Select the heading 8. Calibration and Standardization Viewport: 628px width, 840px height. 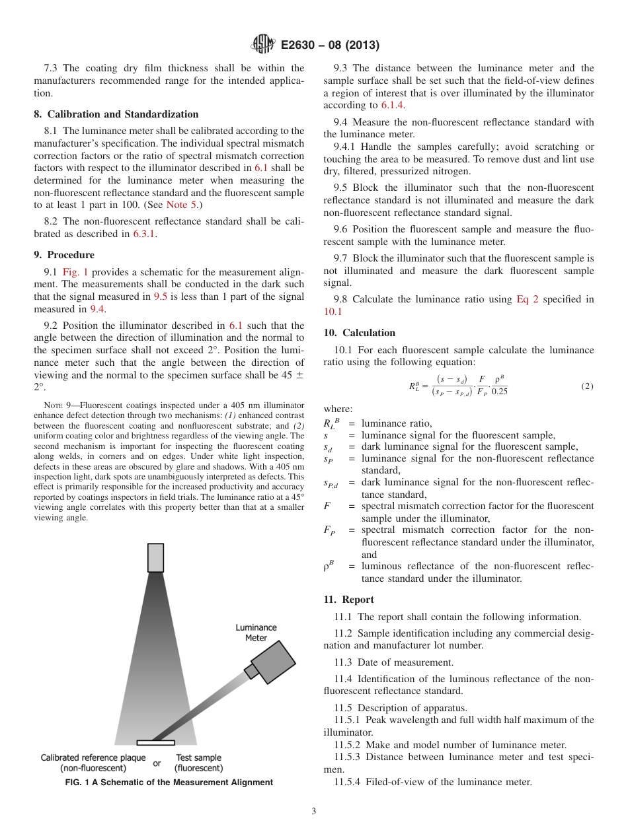116,114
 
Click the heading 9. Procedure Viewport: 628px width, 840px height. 63,255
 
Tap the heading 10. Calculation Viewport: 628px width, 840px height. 359,333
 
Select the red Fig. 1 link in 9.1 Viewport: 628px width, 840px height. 75,272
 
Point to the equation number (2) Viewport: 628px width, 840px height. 587,386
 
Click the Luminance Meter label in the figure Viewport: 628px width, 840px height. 256,633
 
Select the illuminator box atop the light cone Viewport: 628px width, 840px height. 155,557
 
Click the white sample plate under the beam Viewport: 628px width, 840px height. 155,742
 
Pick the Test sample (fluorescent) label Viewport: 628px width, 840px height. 198,763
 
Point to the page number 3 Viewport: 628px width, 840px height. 313,812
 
